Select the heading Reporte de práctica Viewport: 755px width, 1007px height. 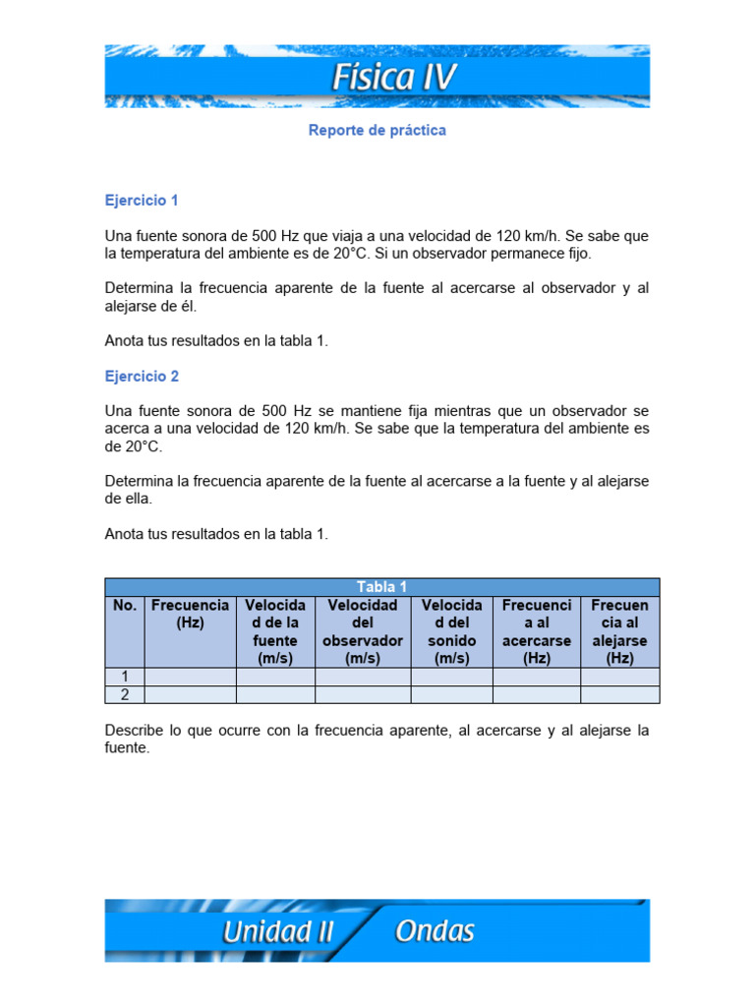coord(377,130)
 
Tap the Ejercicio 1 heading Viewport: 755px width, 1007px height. coord(142,201)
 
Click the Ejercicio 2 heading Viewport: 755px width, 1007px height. coord(142,377)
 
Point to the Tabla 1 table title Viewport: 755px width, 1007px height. coord(382,587)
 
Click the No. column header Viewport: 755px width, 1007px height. coord(125,606)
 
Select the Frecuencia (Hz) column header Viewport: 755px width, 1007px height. coord(190,614)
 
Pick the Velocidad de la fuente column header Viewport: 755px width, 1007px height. coord(275,631)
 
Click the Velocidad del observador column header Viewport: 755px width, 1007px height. coord(363,631)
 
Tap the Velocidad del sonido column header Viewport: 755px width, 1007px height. coord(451,631)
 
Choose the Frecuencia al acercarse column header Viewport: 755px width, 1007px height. coord(537,631)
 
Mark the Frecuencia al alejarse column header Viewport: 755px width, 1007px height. coord(620,631)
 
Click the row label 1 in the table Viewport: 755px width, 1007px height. coord(125,677)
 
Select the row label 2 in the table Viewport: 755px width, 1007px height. coord(125,694)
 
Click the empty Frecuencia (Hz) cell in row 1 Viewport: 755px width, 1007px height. coord(190,677)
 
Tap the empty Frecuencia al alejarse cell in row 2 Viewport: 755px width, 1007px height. coord(620,694)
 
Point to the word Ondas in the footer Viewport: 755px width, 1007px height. coord(435,930)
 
